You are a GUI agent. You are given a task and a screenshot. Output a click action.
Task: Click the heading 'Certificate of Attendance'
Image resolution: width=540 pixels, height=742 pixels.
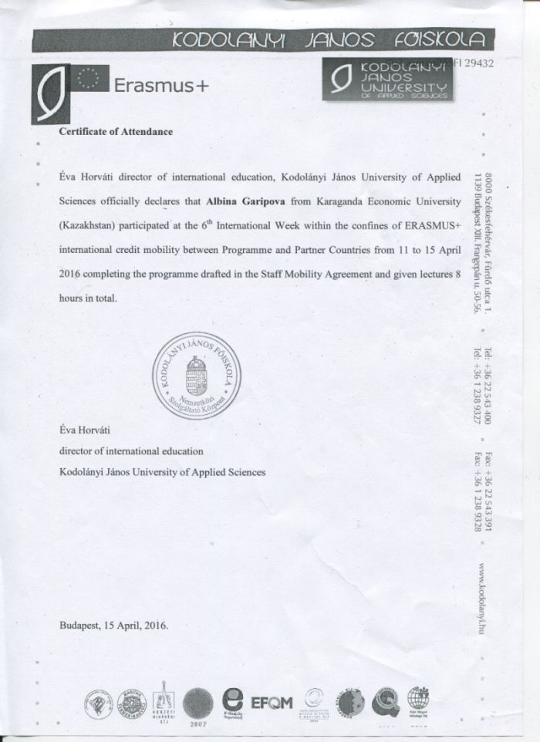pyautogui.click(x=116, y=131)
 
